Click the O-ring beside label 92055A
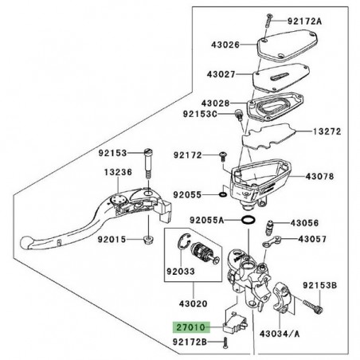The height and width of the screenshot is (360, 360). pyautogui.click(x=248, y=218)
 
